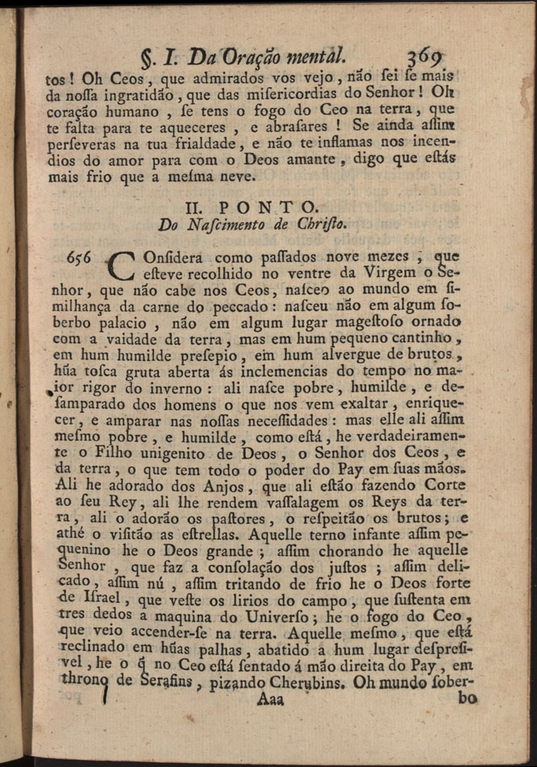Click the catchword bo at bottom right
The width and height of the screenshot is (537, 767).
(468, 699)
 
